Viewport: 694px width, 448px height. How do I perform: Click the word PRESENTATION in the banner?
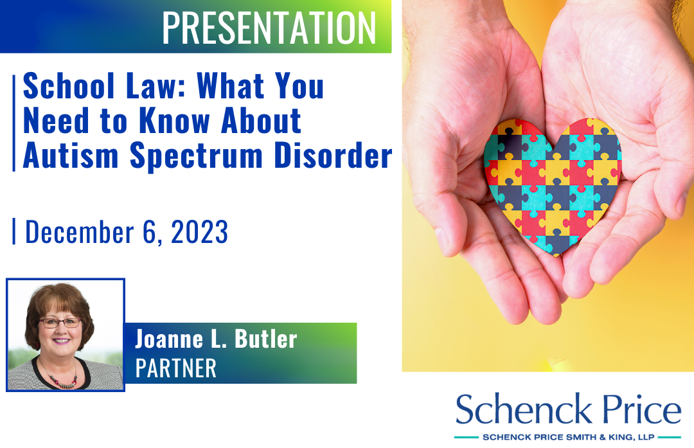pyautogui.click(x=269, y=28)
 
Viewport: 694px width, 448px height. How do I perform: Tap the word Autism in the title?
pyautogui.click(x=71, y=156)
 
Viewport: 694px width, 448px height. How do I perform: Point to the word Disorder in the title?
pyautogui.click(x=333, y=156)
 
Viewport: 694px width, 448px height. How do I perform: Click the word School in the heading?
pyautogui.click(x=69, y=85)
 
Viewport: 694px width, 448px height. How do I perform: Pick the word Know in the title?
pyautogui.click(x=174, y=120)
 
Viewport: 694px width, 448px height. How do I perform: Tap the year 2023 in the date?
pyautogui.click(x=199, y=231)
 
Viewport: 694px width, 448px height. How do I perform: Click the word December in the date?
pyautogui.click(x=79, y=231)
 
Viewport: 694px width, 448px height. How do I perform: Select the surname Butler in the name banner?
pyautogui.click(x=265, y=339)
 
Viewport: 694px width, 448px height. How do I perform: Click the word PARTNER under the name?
pyautogui.click(x=175, y=368)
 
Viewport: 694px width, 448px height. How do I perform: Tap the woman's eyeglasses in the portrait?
pyautogui.click(x=60, y=323)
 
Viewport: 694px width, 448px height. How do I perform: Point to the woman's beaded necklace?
pyautogui.click(x=62, y=377)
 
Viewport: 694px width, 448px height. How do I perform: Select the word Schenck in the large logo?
pyautogui.click(x=524, y=409)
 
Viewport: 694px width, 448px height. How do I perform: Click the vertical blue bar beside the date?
pyautogui.click(x=13, y=231)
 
